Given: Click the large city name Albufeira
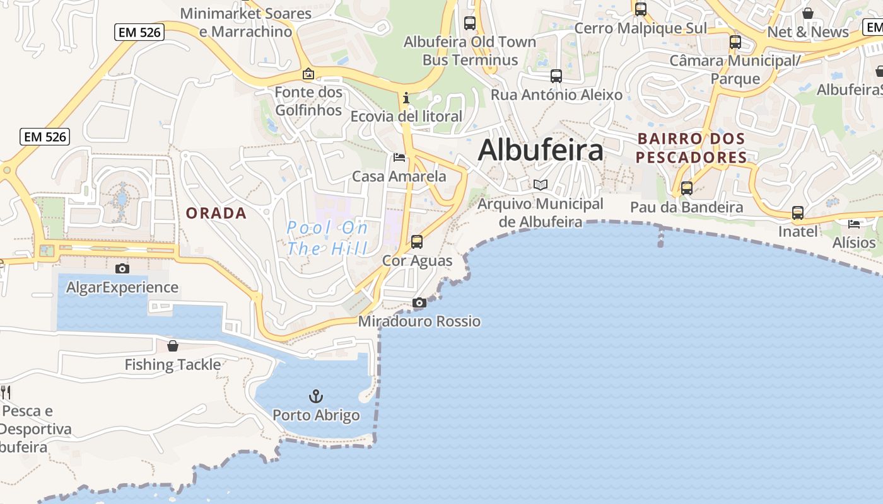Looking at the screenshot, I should pyautogui.click(x=541, y=150).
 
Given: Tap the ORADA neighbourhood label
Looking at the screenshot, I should pyautogui.click(x=216, y=213).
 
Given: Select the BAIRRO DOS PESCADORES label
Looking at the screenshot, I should pyautogui.click(x=691, y=147).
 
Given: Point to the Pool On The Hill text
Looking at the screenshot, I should pyautogui.click(x=327, y=238).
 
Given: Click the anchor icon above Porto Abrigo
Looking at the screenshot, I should pyautogui.click(x=315, y=396).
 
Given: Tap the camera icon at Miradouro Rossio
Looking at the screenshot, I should pyautogui.click(x=419, y=303).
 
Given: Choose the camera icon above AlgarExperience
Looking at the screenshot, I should pyautogui.click(x=122, y=268).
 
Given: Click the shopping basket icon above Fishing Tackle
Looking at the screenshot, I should pyautogui.click(x=173, y=346).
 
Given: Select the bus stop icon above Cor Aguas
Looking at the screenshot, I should pyautogui.click(x=416, y=241).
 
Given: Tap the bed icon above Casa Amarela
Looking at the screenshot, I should pyautogui.click(x=399, y=157).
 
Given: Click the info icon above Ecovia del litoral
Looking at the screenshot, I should pyautogui.click(x=406, y=98).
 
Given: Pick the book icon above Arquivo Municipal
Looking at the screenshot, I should pyautogui.click(x=540, y=185).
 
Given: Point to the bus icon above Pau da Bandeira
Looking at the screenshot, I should pyautogui.click(x=687, y=188).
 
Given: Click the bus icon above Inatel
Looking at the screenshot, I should pyautogui.click(x=798, y=213).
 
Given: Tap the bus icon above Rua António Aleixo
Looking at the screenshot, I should pyautogui.click(x=556, y=76).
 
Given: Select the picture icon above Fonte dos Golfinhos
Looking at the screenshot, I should pyautogui.click(x=308, y=74).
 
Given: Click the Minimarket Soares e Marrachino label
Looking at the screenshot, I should pyautogui.click(x=245, y=22).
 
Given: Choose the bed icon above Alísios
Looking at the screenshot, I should pyautogui.click(x=854, y=224).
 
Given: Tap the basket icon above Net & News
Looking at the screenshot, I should pyautogui.click(x=808, y=13).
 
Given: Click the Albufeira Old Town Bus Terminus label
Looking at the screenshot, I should pyautogui.click(x=470, y=51).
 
